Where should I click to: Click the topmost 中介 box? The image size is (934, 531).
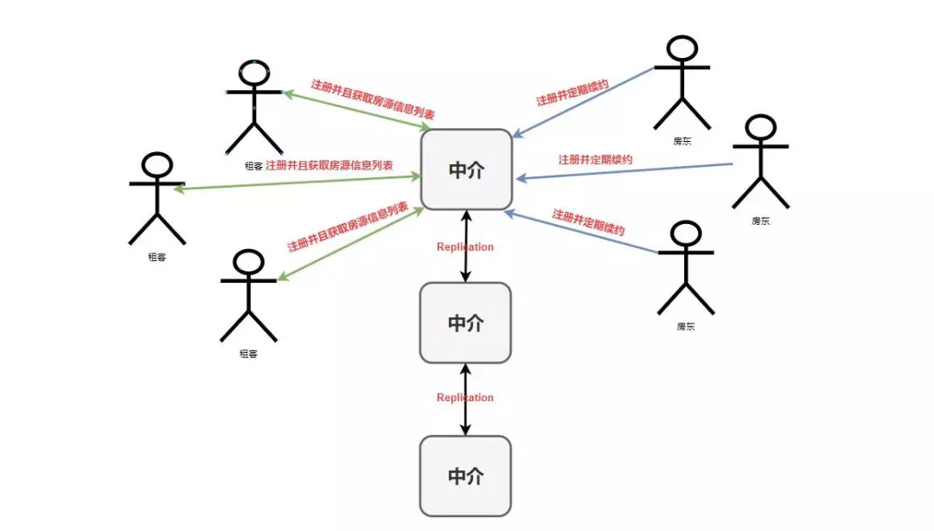[466, 170]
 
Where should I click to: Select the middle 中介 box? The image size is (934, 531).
[465, 323]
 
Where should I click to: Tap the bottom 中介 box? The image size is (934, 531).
[465, 476]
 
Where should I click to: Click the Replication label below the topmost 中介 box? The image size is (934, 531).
[465, 247]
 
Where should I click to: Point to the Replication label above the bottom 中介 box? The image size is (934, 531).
[465, 398]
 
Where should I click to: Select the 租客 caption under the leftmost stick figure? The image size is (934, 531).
[157, 257]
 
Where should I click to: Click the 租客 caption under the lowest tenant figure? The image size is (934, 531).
[248, 353]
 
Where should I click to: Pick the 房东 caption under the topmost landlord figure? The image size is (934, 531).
[682, 141]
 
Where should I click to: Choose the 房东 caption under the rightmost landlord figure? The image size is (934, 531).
[761, 221]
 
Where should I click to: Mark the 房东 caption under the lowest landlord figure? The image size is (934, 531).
[686, 327]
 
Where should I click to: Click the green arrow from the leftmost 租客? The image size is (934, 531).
[294, 182]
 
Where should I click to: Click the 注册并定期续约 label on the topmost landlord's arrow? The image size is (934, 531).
[572, 93]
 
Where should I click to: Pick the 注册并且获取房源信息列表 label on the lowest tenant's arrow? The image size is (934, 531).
[348, 227]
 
